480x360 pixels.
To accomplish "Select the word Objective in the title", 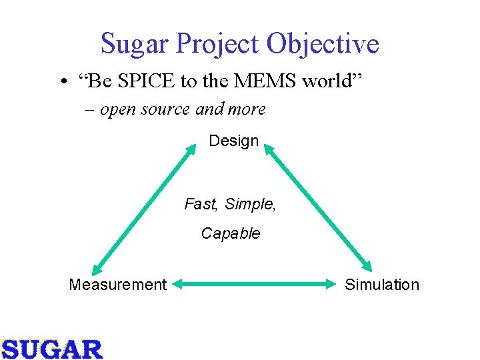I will (323, 45).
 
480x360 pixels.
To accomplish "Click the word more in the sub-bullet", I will (247, 109).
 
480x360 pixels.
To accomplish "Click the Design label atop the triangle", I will (233, 141).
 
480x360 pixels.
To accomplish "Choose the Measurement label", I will (117, 285).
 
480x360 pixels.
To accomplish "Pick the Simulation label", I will (382, 285).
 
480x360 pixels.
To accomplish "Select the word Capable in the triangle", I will (231, 233).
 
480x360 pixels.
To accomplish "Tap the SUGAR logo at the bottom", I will (52, 348).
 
